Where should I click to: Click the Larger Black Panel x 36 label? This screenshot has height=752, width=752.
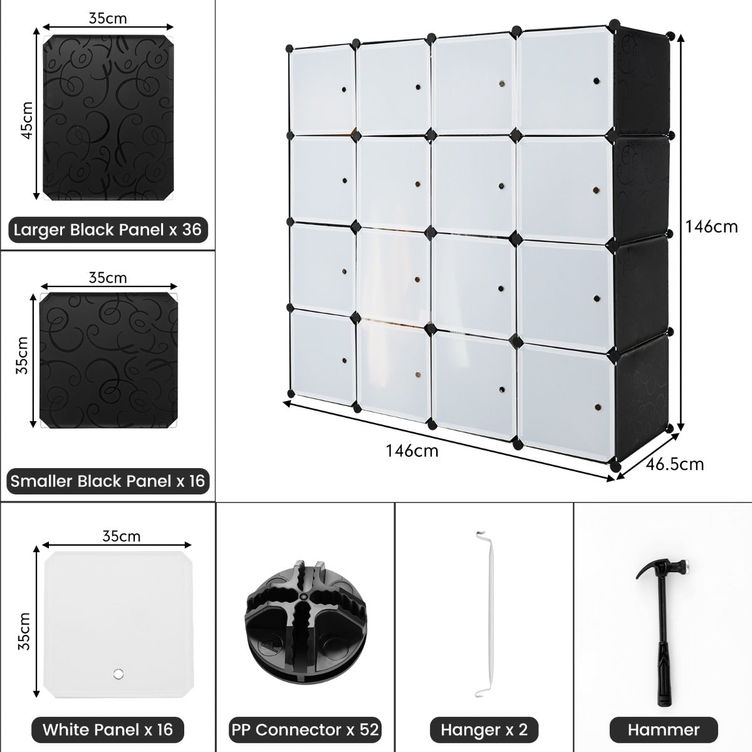108,230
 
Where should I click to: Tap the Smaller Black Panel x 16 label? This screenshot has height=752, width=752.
108,481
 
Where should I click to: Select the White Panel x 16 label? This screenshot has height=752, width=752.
108,730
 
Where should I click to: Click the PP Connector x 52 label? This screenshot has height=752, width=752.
305,730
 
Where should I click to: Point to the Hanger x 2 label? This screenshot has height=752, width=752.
484,730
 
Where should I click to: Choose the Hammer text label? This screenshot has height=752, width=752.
664,730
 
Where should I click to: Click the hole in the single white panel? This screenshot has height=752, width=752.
118,674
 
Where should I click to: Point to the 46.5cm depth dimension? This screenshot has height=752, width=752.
674,465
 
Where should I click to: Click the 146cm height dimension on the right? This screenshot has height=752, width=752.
711,227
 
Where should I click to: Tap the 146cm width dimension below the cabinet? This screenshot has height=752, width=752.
412,451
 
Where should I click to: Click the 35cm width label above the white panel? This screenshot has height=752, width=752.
122,536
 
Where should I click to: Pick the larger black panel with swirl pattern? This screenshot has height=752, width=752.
108,117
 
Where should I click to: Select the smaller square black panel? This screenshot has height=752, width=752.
108,360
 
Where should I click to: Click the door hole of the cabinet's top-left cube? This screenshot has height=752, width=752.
344,90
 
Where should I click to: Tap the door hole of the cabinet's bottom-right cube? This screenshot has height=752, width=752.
597,407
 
